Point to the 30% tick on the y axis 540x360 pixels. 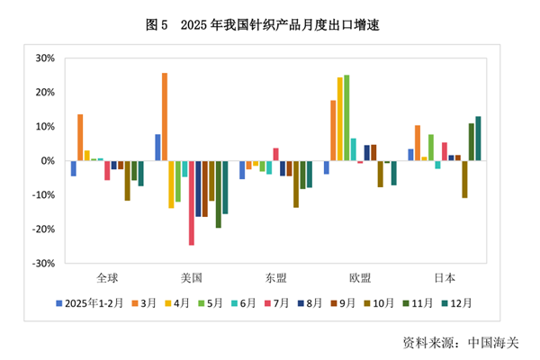44,58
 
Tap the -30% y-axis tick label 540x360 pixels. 42,264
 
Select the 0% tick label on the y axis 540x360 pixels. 47,161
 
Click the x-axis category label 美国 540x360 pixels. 191,277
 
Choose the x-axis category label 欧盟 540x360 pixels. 359,277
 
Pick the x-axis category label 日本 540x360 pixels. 444,277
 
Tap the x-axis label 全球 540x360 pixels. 106,277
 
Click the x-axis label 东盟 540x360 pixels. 275,277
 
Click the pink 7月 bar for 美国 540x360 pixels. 192,202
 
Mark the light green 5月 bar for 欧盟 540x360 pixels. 346,118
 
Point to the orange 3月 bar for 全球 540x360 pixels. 80,138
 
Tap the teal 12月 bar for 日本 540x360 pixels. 478,139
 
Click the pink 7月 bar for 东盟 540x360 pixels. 275,154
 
